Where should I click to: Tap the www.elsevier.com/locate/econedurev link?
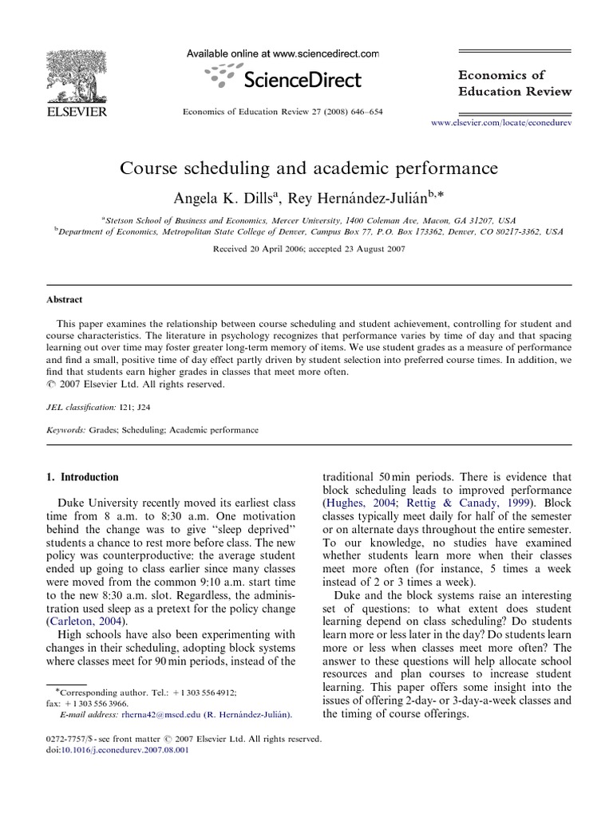coord(501,124)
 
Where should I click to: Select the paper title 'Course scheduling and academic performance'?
coord(309,169)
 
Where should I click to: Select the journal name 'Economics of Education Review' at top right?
coord(514,82)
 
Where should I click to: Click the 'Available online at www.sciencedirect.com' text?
coord(283,53)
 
